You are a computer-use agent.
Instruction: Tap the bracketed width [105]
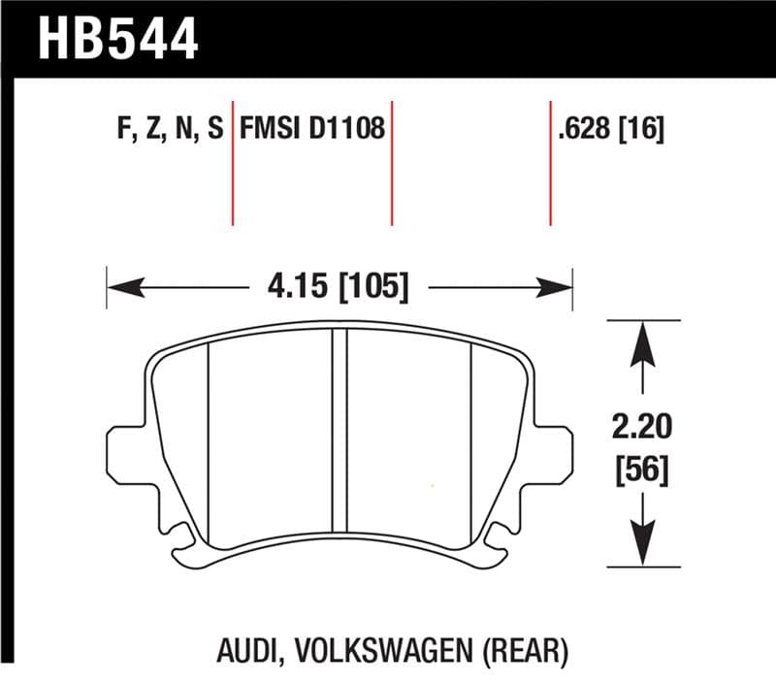[372, 287]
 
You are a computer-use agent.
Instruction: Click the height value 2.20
[640, 426]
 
